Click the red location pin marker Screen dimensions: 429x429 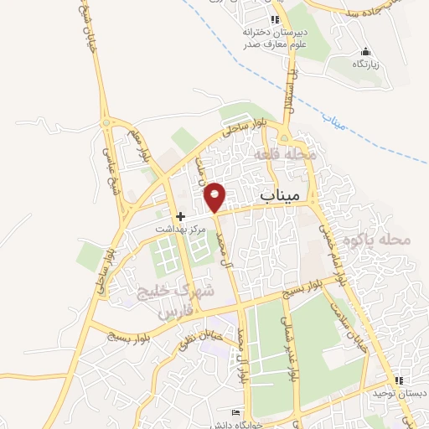coord(215,196)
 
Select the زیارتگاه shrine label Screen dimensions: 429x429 coord(365,64)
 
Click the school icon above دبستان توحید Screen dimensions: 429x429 coord(410,380)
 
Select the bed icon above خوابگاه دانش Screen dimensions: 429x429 coord(236,413)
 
